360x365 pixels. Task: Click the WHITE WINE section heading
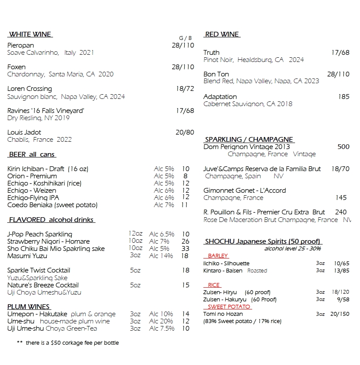[x=30, y=34]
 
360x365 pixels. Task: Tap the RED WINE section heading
[x=222, y=34]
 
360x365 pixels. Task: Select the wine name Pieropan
[x=21, y=45]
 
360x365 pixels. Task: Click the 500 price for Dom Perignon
[x=343, y=147]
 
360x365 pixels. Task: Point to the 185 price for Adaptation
[x=343, y=97]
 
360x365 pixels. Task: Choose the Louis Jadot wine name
[x=24, y=132]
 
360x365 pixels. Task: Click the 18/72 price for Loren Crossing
[x=185, y=89]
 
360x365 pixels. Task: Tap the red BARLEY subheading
[x=218, y=256]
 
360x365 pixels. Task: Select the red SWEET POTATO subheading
[x=229, y=306]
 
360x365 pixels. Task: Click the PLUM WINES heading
[x=28, y=306]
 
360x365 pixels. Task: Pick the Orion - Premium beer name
[x=32, y=176]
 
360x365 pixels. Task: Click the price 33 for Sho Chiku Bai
[x=186, y=249]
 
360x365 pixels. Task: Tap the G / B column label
[x=185, y=38]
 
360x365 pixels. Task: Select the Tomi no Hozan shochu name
[x=223, y=314]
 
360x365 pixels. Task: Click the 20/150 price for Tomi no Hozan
[x=340, y=314]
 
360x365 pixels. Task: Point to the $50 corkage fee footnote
[x=68, y=343]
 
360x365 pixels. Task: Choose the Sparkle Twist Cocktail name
[x=39, y=270]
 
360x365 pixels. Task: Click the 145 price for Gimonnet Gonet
[x=341, y=198]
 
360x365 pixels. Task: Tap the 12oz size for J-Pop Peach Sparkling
[x=135, y=234]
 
